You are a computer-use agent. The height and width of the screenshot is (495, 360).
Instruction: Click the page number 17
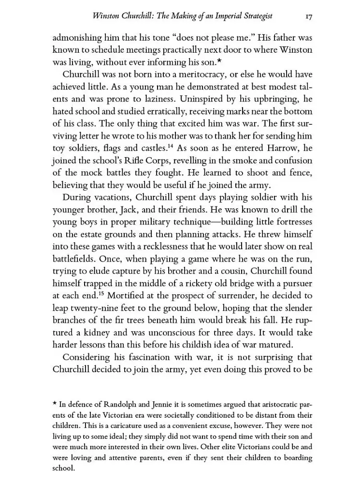(x=308, y=16)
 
